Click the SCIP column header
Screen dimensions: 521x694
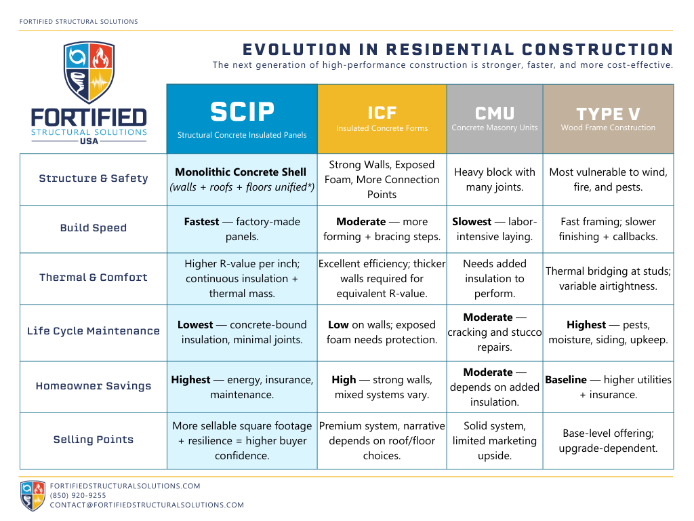[242, 118]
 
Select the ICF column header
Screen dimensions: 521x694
[382, 118]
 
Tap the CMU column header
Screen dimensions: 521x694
[494, 118]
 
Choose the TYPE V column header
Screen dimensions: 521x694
[608, 118]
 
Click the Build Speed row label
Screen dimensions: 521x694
[94, 228]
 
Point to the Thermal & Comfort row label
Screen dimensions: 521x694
[94, 277]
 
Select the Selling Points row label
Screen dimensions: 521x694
[94, 440]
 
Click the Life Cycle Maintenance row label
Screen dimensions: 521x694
[94, 331]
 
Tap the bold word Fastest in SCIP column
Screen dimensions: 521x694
[201, 222]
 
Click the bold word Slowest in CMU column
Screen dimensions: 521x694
[472, 222]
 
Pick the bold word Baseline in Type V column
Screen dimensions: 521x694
[566, 380]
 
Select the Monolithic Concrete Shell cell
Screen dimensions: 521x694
[241, 179]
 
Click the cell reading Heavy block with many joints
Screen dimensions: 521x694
[494, 179]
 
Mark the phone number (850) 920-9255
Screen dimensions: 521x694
[78, 496]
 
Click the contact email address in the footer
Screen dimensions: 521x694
[147, 505]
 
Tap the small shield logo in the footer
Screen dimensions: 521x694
[33, 495]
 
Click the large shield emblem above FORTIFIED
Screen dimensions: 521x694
[89, 72]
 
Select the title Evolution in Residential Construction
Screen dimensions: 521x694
[457, 50]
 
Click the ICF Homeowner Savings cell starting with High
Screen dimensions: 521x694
[382, 387]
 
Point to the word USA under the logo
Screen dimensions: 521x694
[89, 142]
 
